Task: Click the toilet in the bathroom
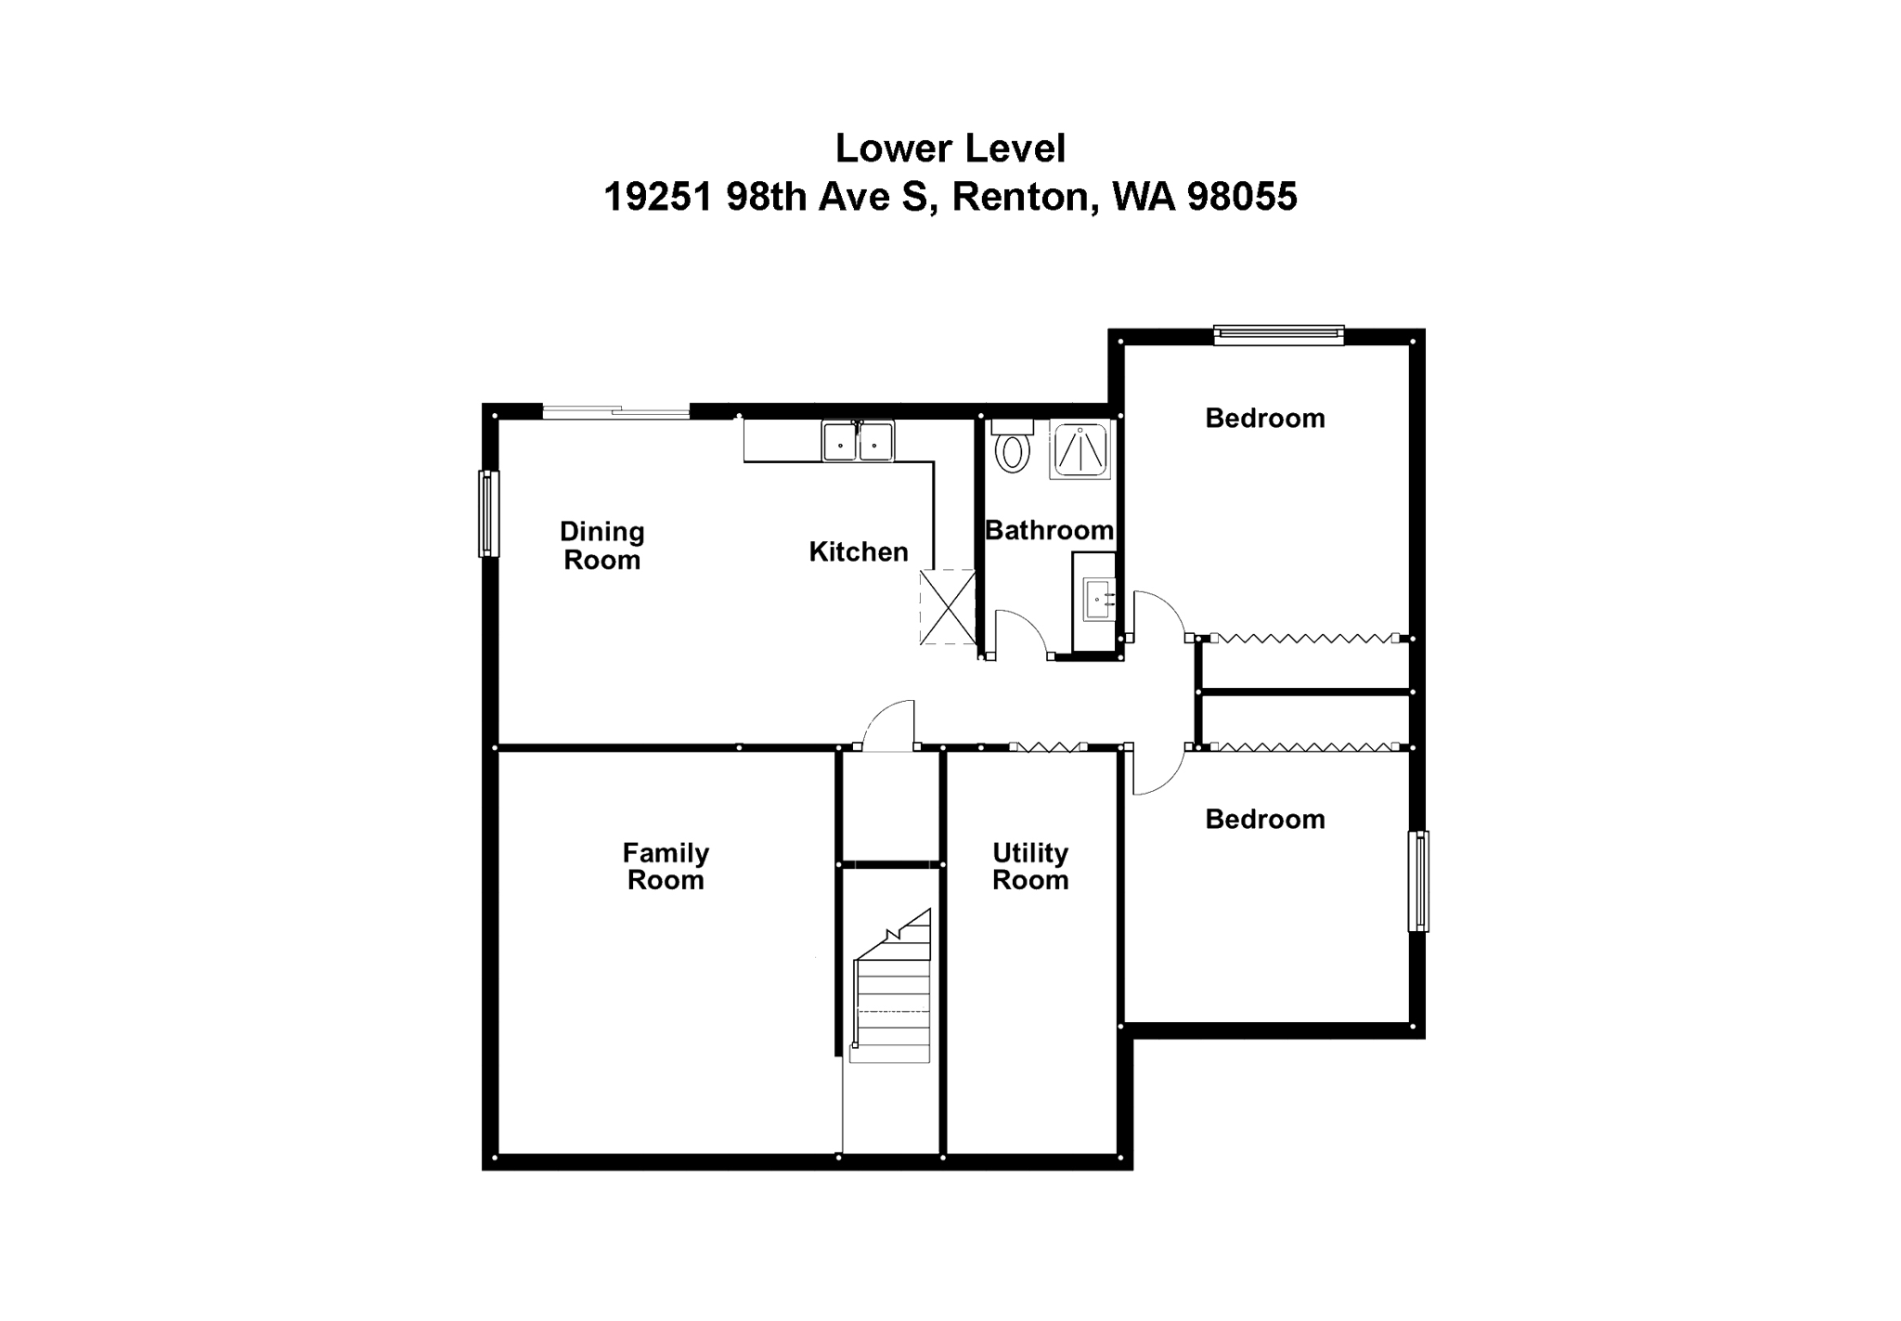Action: (1011, 449)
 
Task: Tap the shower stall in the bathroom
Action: (1080, 450)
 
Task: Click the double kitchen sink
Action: (857, 442)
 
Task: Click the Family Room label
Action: (666, 866)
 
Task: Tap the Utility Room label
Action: (1029, 866)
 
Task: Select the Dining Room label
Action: (601, 546)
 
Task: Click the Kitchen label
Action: (858, 551)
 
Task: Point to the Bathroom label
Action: (1049, 530)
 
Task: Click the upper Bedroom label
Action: (1264, 418)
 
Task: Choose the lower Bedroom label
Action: (1264, 819)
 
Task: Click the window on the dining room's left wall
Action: (488, 513)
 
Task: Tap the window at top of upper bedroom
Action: (1278, 334)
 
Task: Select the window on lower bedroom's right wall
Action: (1418, 881)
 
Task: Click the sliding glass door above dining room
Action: (616, 412)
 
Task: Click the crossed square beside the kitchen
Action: (948, 607)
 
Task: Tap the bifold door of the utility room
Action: (1048, 746)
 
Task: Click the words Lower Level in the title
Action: (950, 149)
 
